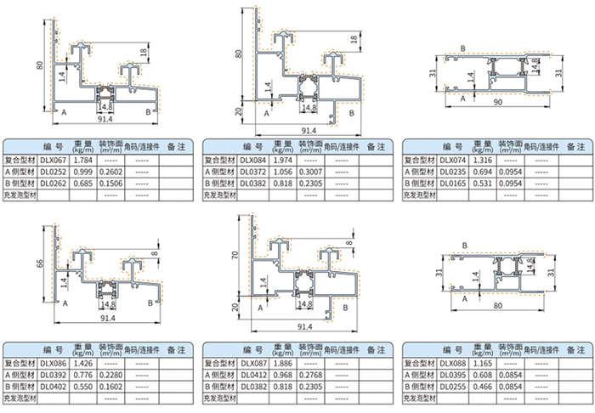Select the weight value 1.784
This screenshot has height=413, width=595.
(x=83, y=159)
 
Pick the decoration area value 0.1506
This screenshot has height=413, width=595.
(x=110, y=183)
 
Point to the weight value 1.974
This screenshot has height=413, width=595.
(x=281, y=159)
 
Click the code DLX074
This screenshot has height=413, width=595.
(x=454, y=159)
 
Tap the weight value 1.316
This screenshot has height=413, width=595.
(x=480, y=159)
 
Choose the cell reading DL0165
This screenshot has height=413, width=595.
(x=454, y=183)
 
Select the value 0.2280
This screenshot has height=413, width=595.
(x=110, y=376)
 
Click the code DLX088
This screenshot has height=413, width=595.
(x=454, y=364)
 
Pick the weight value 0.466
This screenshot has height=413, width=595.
(x=480, y=388)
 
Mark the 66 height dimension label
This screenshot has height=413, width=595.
(x=38, y=264)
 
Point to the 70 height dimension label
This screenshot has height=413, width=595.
(x=235, y=254)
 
